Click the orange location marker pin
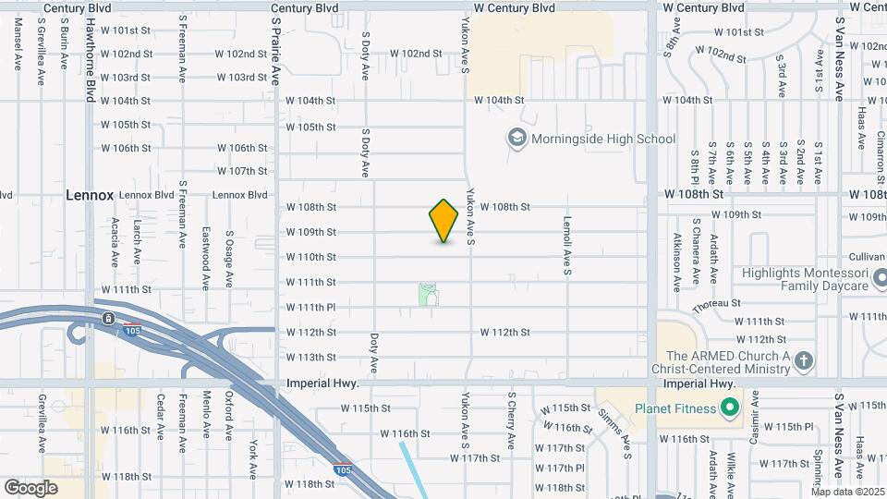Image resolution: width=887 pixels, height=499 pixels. coord(444,220)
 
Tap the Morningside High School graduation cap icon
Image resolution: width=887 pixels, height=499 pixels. coord(516,139)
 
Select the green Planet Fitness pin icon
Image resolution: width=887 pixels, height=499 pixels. coord(730,408)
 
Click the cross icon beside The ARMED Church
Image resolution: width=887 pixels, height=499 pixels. coord(804,360)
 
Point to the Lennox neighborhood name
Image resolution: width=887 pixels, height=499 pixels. coord(90,195)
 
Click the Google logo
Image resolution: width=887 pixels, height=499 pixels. coord(30,487)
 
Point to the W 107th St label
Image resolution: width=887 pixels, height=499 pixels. coord(242,171)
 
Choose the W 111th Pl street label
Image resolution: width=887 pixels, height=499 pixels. coord(310,307)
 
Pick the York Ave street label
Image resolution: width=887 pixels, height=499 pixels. coord(252,458)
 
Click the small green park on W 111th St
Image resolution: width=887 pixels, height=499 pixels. coord(428,295)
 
